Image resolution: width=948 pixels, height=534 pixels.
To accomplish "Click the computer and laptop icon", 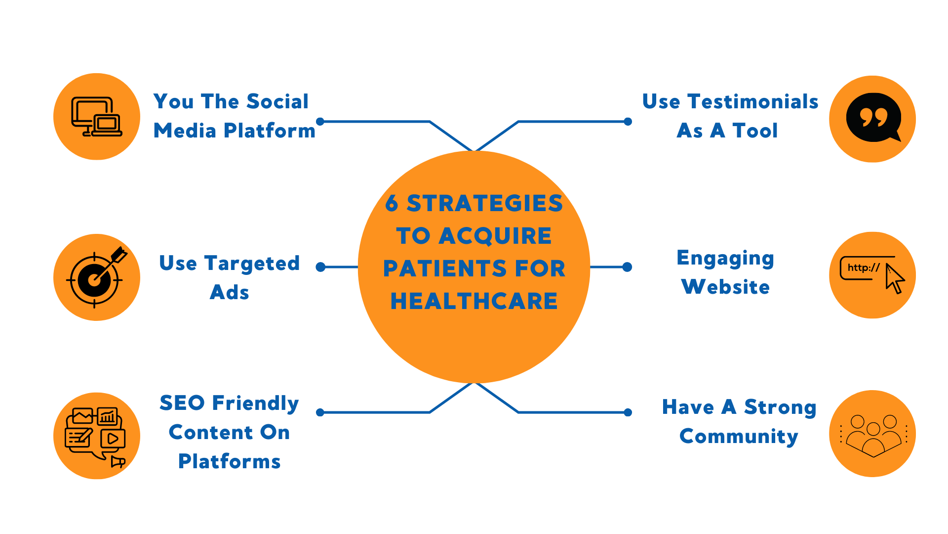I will (97, 117).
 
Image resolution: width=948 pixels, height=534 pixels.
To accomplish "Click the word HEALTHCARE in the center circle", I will (474, 301).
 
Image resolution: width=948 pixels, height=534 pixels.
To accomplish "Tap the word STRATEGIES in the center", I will (484, 203).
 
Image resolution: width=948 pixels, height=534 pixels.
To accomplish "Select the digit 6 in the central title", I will (392, 203).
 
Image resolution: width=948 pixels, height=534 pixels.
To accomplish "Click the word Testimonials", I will (753, 101).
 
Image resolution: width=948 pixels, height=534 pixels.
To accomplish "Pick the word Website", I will (725, 287).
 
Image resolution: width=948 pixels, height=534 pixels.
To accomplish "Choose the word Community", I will (739, 437).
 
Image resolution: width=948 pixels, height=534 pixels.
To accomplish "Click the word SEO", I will (182, 403).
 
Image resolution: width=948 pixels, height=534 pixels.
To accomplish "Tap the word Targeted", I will (252, 264).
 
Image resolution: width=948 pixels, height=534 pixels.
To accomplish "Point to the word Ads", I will (230, 292).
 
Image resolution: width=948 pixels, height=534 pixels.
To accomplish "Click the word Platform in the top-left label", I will (269, 131).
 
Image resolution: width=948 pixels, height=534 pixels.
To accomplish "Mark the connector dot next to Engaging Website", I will (628, 267).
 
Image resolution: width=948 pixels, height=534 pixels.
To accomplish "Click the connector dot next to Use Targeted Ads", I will (320, 267).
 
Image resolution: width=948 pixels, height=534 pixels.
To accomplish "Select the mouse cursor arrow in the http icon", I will (894, 279).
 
